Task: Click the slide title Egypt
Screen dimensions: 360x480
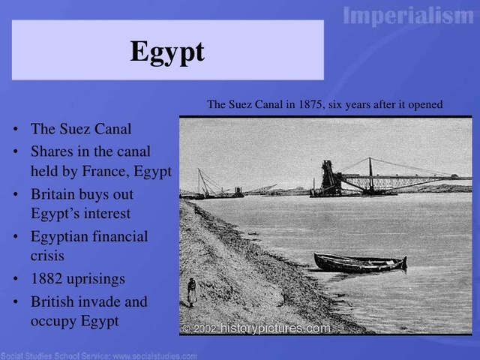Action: [166, 51]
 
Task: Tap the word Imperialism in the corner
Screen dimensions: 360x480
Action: [409, 16]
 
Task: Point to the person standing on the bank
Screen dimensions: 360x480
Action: [191, 292]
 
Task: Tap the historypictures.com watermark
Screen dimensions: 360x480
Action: [274, 328]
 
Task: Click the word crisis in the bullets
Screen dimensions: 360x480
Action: [47, 255]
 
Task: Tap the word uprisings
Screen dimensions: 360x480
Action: [97, 279]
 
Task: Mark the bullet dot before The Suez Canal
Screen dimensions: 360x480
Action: [16, 129]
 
